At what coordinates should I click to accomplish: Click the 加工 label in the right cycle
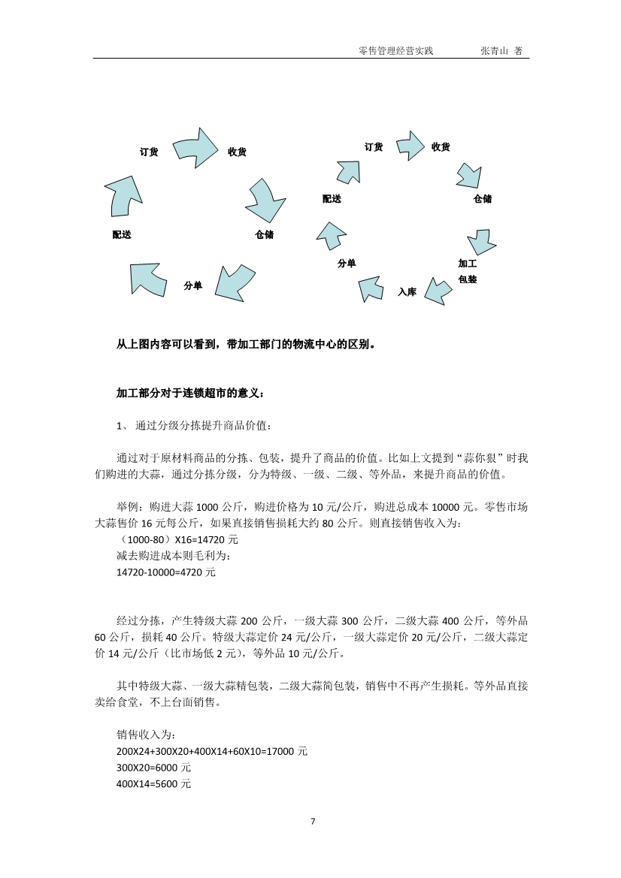pos(467,264)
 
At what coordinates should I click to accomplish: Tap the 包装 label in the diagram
pos(467,279)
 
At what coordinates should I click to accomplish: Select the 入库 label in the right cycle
pos(407,292)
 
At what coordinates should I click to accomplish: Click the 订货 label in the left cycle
pos(149,152)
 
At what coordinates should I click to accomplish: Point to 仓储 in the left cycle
pos(264,235)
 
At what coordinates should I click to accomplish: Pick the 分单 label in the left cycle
pos(192,286)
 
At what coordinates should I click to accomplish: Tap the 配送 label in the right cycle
pos(332,199)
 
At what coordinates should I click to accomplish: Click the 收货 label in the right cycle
pos(441,147)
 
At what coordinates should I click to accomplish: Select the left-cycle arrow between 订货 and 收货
pos(194,146)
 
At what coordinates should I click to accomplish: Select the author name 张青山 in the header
pos(495,51)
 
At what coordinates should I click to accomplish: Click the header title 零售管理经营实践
pos(396,51)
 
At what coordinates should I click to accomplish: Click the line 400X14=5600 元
pos(153,784)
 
